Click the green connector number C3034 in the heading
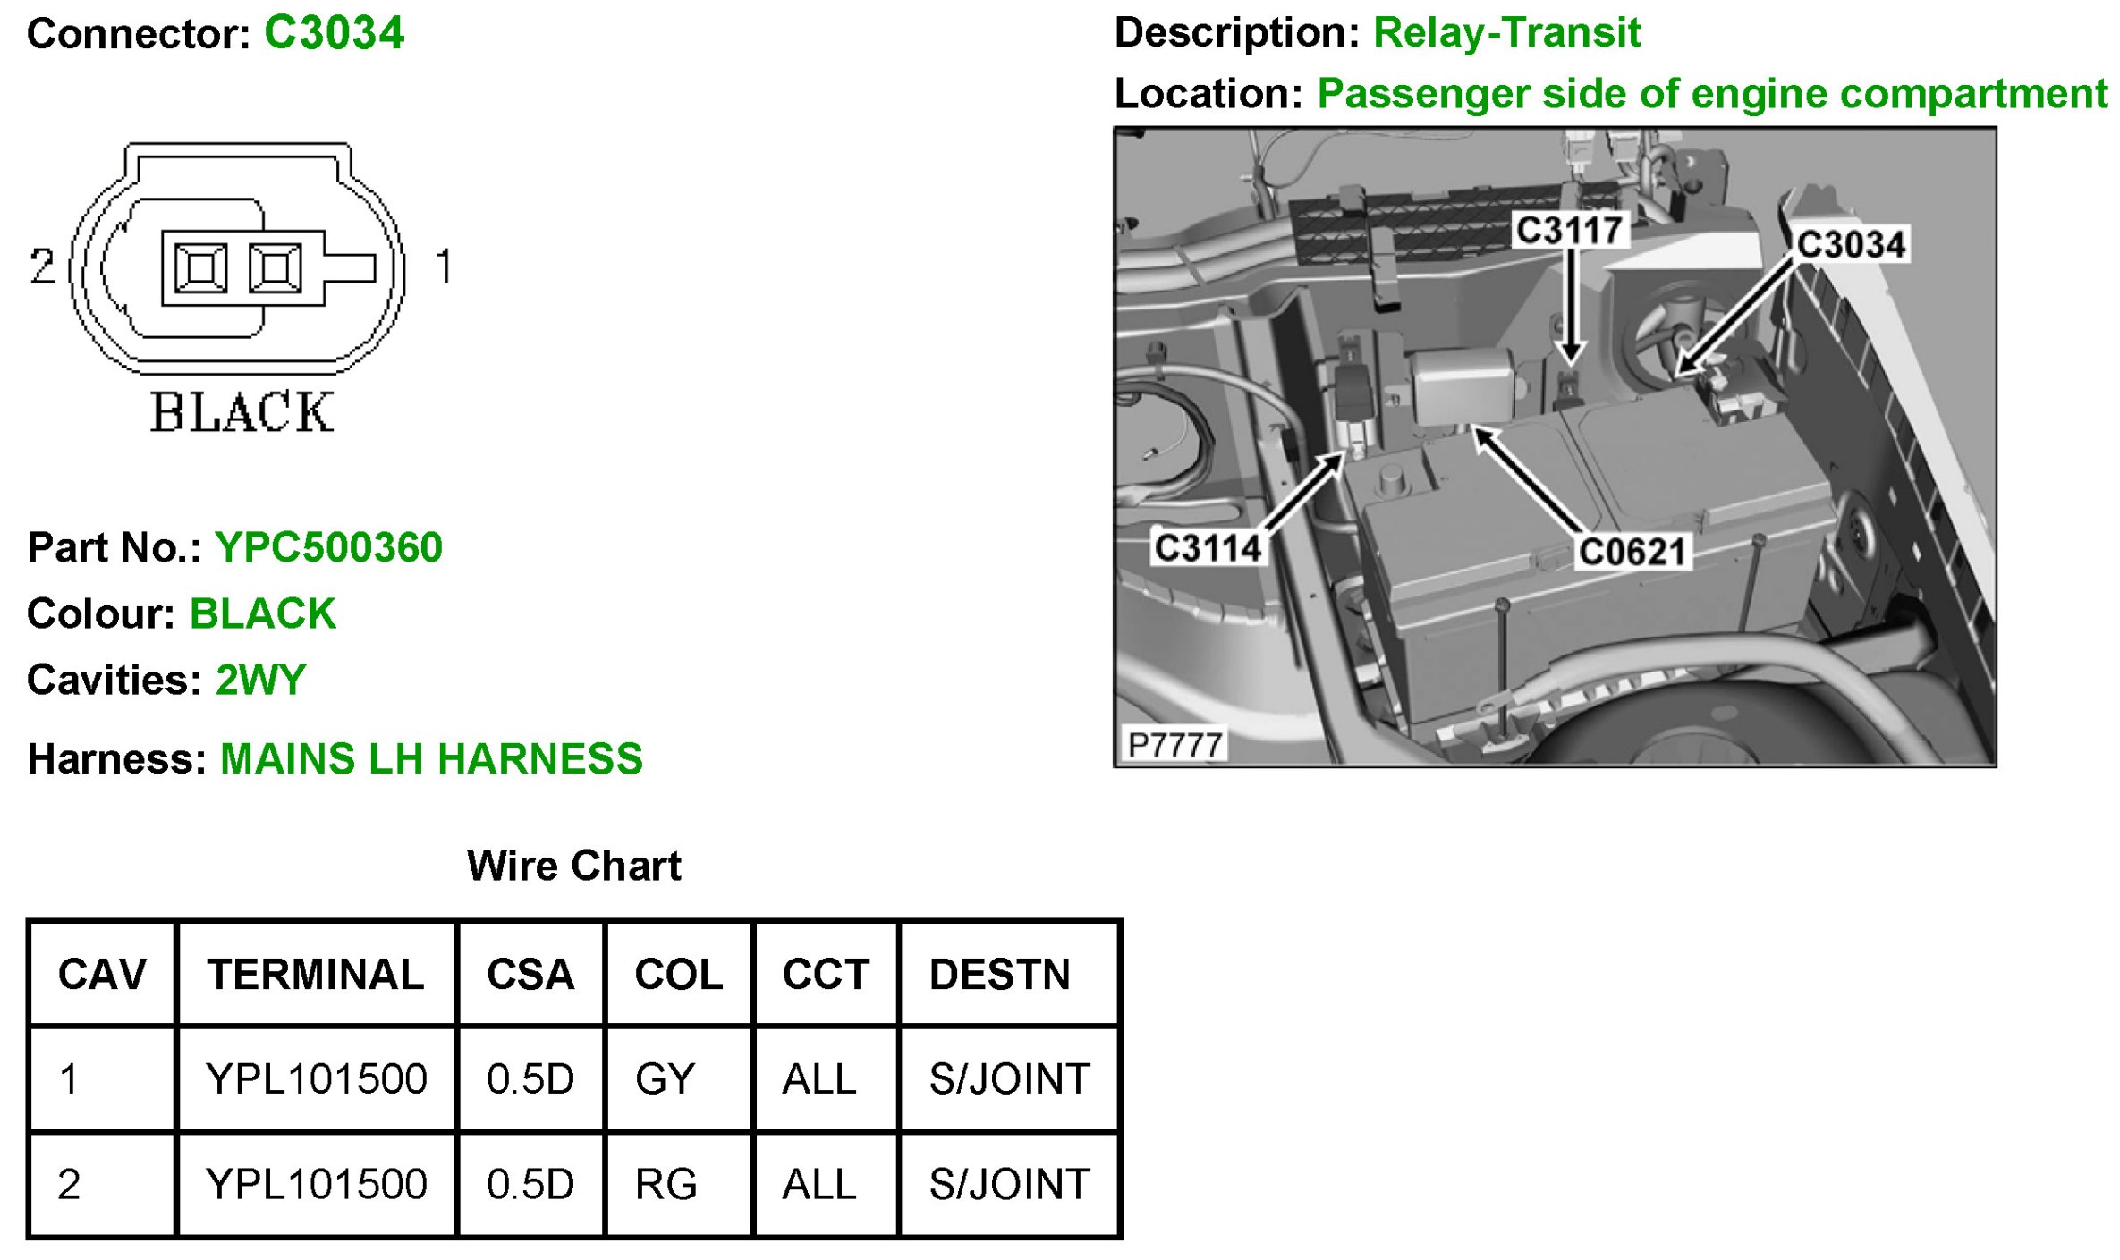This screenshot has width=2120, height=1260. (334, 34)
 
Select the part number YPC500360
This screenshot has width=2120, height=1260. (328, 547)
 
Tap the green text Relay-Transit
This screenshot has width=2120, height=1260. (1506, 33)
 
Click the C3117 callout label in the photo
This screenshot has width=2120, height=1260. (1569, 230)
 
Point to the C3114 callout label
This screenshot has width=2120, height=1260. (1208, 547)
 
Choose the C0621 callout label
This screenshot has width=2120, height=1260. (1632, 551)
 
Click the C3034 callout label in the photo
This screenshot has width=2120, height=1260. (1851, 244)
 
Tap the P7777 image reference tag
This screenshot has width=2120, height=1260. (1174, 744)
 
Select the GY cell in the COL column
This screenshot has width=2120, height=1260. (665, 1078)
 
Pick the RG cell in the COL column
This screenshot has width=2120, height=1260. (666, 1184)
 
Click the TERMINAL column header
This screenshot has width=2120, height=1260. (316, 974)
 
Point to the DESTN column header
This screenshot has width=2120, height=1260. (999, 974)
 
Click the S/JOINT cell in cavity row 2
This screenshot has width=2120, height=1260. (1009, 1184)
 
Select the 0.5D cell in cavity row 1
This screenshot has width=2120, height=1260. (530, 1078)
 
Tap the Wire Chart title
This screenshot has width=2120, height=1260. (573, 866)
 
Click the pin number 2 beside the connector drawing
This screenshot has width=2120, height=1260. (42, 266)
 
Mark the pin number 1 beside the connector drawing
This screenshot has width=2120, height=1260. (444, 266)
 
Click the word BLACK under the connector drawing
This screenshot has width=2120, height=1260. (242, 412)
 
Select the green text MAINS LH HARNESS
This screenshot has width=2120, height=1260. (431, 758)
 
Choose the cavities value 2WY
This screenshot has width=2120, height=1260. (260, 680)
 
